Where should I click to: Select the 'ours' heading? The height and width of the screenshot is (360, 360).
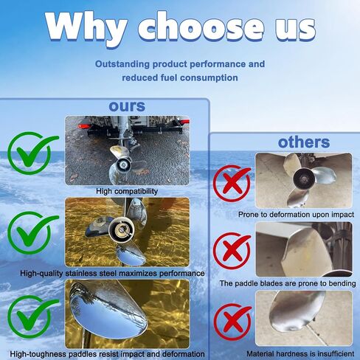click(x=127, y=106)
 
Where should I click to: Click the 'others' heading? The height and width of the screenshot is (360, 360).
click(x=304, y=142)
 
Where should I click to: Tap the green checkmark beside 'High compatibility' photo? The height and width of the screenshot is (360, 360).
click(x=32, y=153)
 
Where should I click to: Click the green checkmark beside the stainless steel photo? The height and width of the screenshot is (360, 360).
click(x=32, y=232)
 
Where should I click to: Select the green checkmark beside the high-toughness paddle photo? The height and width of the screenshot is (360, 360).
click(x=32, y=316)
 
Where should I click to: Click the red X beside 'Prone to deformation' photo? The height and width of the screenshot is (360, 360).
click(x=232, y=183)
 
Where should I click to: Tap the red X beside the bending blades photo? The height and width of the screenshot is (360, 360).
click(x=232, y=251)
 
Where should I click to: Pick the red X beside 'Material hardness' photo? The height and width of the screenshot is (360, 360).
click(x=232, y=322)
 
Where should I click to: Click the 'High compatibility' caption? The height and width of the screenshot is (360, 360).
click(x=127, y=191)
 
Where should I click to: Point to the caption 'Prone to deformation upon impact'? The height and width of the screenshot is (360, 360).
click(x=296, y=215)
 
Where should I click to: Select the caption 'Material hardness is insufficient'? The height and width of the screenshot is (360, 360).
click(x=300, y=354)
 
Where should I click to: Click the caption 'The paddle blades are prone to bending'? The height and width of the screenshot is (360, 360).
click(x=288, y=283)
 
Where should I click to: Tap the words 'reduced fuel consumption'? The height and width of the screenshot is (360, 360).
click(x=180, y=77)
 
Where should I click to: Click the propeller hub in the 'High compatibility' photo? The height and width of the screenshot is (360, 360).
click(x=122, y=164)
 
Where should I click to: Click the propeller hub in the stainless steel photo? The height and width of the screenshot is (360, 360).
click(x=122, y=229)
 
